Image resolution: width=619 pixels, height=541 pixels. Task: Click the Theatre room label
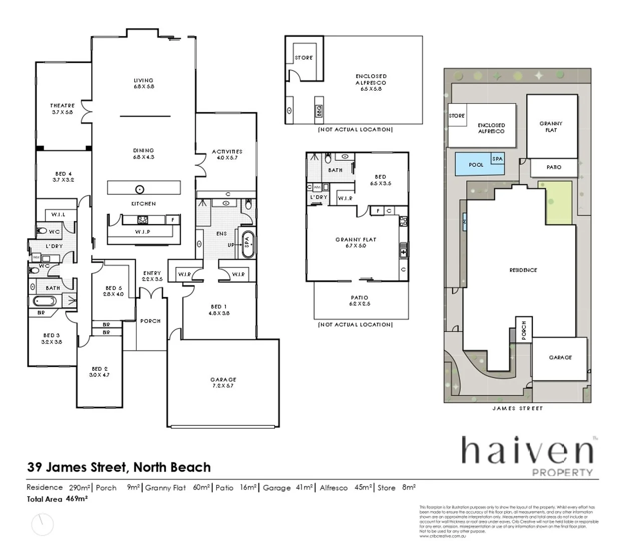pos(62,109)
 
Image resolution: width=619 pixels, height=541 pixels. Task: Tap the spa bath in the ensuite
pos(247,244)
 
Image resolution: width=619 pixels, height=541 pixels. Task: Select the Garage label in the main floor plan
pos(223,382)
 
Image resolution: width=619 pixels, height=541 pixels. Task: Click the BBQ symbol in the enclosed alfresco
pos(319,111)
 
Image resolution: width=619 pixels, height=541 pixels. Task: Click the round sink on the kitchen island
pos(140,189)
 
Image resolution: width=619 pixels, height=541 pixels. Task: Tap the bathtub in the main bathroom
pos(45,301)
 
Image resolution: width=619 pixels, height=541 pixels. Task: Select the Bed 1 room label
pos(218,310)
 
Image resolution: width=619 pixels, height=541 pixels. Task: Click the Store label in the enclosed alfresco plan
pos(303,58)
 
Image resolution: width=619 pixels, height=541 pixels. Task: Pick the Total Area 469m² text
pos(58,499)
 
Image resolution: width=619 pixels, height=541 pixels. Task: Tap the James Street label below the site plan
pos(517,408)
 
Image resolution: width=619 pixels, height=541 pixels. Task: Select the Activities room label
pos(227,154)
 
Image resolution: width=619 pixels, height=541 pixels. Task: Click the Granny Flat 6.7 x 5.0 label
pos(356,242)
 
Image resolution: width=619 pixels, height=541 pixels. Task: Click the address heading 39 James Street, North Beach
pos(119,467)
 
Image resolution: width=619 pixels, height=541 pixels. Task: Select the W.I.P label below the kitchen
pos(142,232)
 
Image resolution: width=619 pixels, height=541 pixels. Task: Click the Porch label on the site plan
pos(524,331)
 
